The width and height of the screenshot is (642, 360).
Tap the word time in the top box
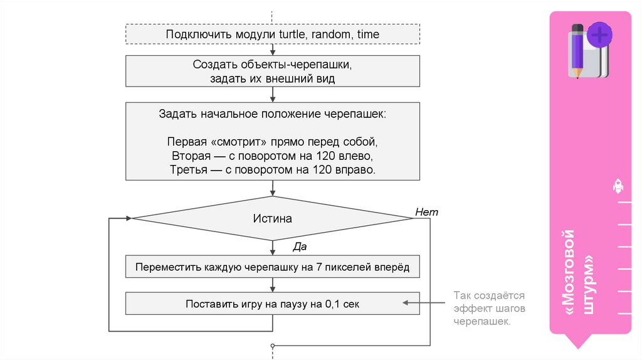point(368,34)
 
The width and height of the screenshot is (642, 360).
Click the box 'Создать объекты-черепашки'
point(273,71)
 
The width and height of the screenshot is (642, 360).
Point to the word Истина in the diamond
point(273,219)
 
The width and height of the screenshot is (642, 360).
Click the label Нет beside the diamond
point(426,212)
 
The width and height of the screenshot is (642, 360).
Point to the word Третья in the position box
point(188,169)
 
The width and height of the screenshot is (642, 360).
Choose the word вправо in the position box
point(358,169)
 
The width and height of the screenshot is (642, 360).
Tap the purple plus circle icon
point(600,34)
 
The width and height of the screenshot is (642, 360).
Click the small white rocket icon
point(618,186)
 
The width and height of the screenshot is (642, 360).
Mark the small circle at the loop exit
point(273,346)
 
